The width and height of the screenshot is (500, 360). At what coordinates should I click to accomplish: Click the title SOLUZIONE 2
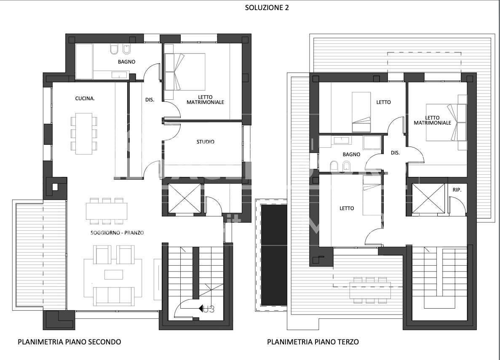pos(267,8)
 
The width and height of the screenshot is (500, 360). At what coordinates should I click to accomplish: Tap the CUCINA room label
pos(85,99)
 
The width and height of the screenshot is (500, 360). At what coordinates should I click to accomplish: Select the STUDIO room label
pos(206,141)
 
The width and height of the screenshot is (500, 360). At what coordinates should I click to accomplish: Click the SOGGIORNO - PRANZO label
pos(117,233)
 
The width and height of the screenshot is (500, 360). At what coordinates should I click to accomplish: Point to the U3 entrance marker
pos(206,309)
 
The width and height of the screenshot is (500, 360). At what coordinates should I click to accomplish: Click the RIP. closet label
pos(457,190)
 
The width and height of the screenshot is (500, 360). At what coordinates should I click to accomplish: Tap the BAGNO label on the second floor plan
pos(127,61)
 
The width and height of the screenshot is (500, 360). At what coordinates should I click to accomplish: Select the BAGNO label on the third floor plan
pos(351,155)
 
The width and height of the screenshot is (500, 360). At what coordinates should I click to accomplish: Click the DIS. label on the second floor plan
pos(150,100)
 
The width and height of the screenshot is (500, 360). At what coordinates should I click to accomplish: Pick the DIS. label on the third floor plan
pos(396,153)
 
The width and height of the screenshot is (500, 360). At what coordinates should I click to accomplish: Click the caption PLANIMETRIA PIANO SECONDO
pos(70,342)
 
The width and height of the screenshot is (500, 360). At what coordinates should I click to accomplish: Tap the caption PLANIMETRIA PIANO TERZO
pos(313,342)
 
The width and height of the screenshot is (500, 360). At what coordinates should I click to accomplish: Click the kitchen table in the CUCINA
pos(84,133)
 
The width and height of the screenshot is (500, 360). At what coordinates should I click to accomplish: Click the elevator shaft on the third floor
pos(428,198)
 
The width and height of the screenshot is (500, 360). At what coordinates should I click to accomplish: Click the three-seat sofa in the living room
pos(113,296)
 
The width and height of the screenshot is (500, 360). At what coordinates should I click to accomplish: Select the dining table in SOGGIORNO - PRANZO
pos(107,211)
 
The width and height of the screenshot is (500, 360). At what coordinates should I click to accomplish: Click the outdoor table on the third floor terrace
pos(370,290)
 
